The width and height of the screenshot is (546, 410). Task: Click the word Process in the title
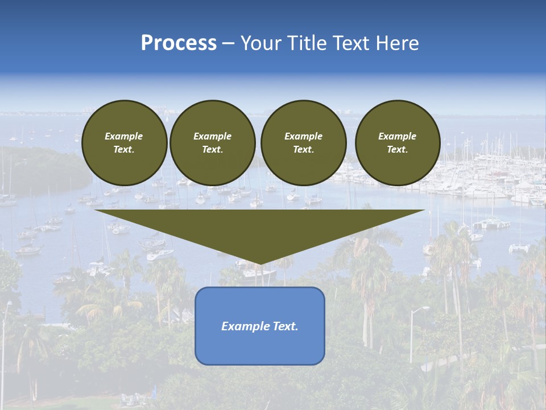(179, 43)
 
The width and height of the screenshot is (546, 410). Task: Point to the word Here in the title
(398, 43)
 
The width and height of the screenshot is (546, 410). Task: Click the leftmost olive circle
(124, 143)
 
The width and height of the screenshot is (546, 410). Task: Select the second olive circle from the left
(213, 143)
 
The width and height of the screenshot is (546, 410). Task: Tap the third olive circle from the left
(303, 143)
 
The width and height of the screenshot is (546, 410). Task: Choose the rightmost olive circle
(398, 143)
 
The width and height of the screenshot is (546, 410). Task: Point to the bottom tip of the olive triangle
(260, 263)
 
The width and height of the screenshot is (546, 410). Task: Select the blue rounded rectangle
(260, 326)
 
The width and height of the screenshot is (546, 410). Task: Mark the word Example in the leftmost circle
(124, 137)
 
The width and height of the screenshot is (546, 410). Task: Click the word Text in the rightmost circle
(397, 150)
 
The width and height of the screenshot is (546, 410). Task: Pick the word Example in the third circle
(303, 137)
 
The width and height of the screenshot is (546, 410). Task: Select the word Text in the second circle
(212, 150)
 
